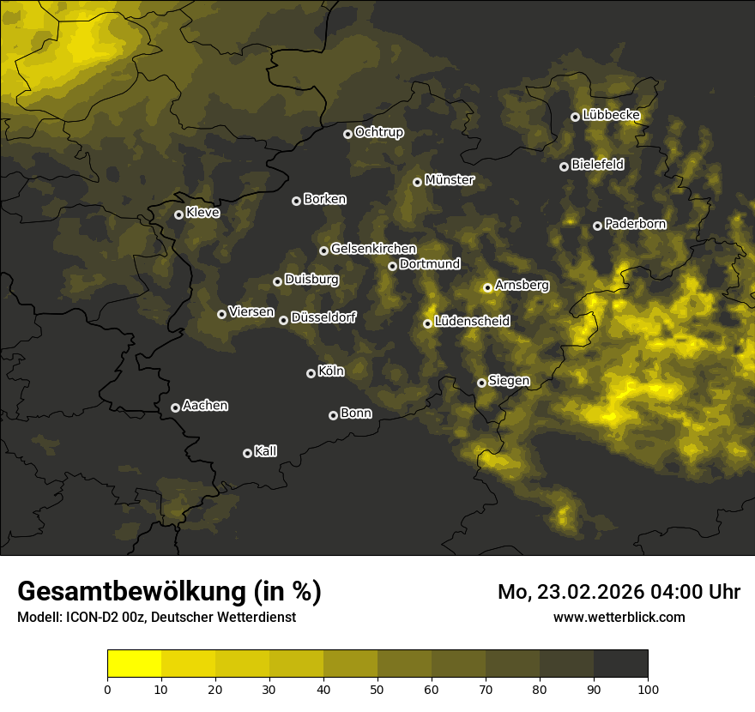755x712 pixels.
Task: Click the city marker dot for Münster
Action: (x=417, y=182)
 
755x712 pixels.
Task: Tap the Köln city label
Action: (x=330, y=371)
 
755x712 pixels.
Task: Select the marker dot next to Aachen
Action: (x=175, y=407)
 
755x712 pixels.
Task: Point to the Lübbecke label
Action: (x=611, y=115)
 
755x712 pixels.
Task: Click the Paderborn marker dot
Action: (x=597, y=226)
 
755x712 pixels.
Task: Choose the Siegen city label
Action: (x=509, y=380)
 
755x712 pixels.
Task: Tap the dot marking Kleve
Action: (x=178, y=214)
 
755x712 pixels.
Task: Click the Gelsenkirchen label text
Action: (x=373, y=249)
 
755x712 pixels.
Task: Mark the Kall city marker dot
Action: (x=247, y=453)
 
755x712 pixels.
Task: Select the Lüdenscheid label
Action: (x=472, y=322)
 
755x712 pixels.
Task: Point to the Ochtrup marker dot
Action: (x=347, y=134)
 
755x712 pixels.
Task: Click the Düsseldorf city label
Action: (x=323, y=317)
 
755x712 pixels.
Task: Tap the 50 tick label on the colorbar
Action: (x=377, y=688)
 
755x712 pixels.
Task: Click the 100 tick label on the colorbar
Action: (x=648, y=688)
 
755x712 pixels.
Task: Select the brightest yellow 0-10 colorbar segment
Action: (x=134, y=663)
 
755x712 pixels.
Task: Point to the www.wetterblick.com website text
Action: (x=619, y=617)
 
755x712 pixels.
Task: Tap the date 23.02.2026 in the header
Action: (x=590, y=592)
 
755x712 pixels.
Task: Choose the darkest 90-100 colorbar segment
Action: (x=620, y=663)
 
